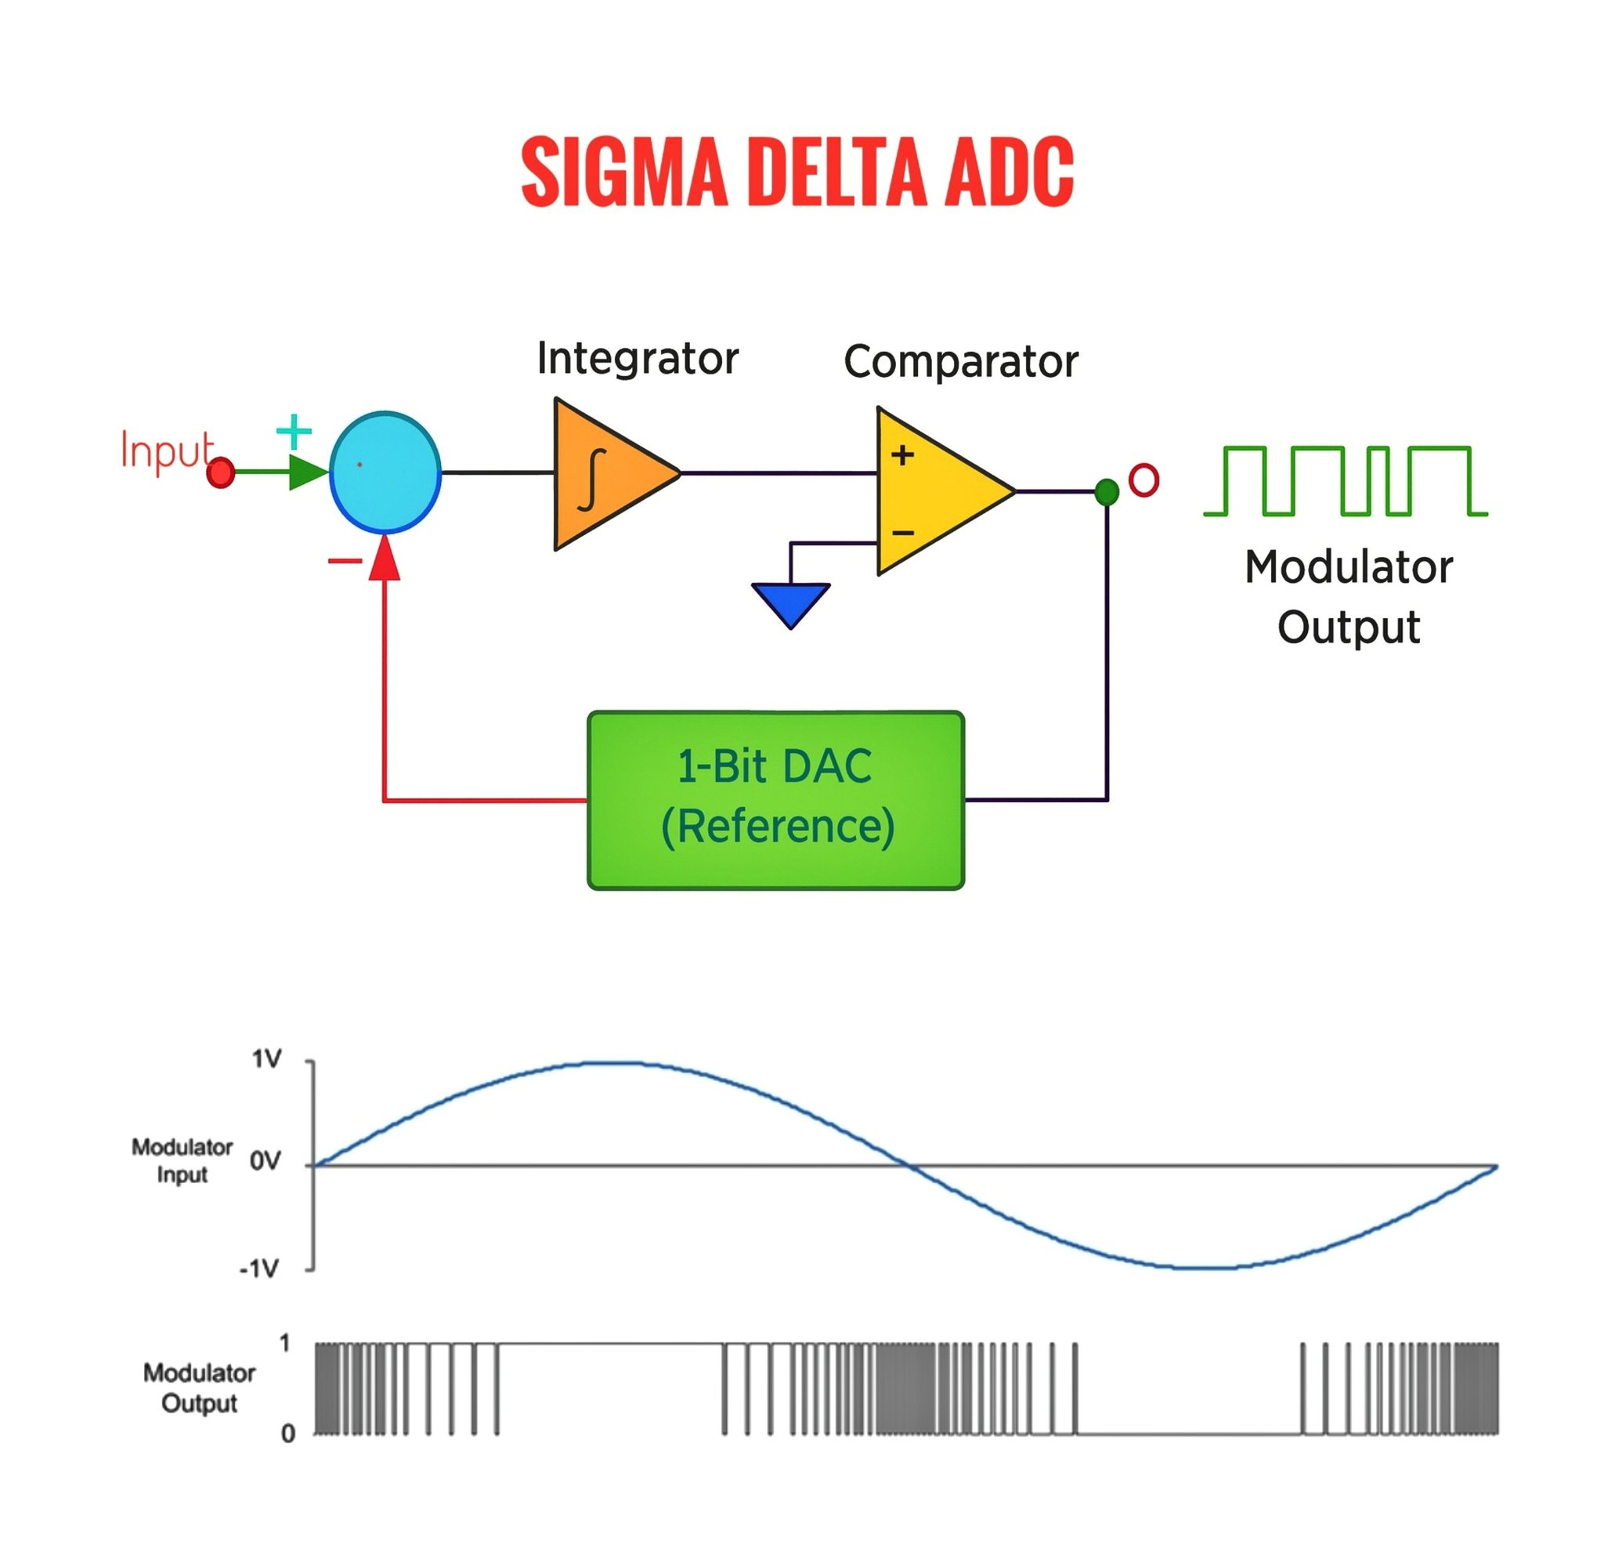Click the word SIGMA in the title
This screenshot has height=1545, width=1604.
point(623,171)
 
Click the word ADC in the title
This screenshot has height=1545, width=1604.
point(1008,171)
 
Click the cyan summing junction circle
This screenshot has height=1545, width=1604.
point(385,472)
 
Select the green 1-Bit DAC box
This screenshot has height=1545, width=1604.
point(775,800)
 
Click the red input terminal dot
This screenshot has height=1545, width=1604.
point(220,473)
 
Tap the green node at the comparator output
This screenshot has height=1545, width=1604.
point(1107,492)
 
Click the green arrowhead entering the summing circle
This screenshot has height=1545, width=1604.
point(308,472)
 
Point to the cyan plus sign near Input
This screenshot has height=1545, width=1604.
point(294,432)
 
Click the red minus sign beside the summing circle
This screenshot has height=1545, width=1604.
point(345,562)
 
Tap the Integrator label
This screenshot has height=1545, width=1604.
point(638,359)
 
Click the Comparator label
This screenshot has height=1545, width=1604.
point(961,362)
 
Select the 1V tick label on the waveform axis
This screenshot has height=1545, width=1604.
point(266,1059)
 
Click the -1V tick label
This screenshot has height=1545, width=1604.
point(258,1269)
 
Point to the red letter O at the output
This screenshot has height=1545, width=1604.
point(1143,480)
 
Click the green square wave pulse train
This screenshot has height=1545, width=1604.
point(1346,480)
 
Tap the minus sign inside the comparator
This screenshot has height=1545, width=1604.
point(903,534)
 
